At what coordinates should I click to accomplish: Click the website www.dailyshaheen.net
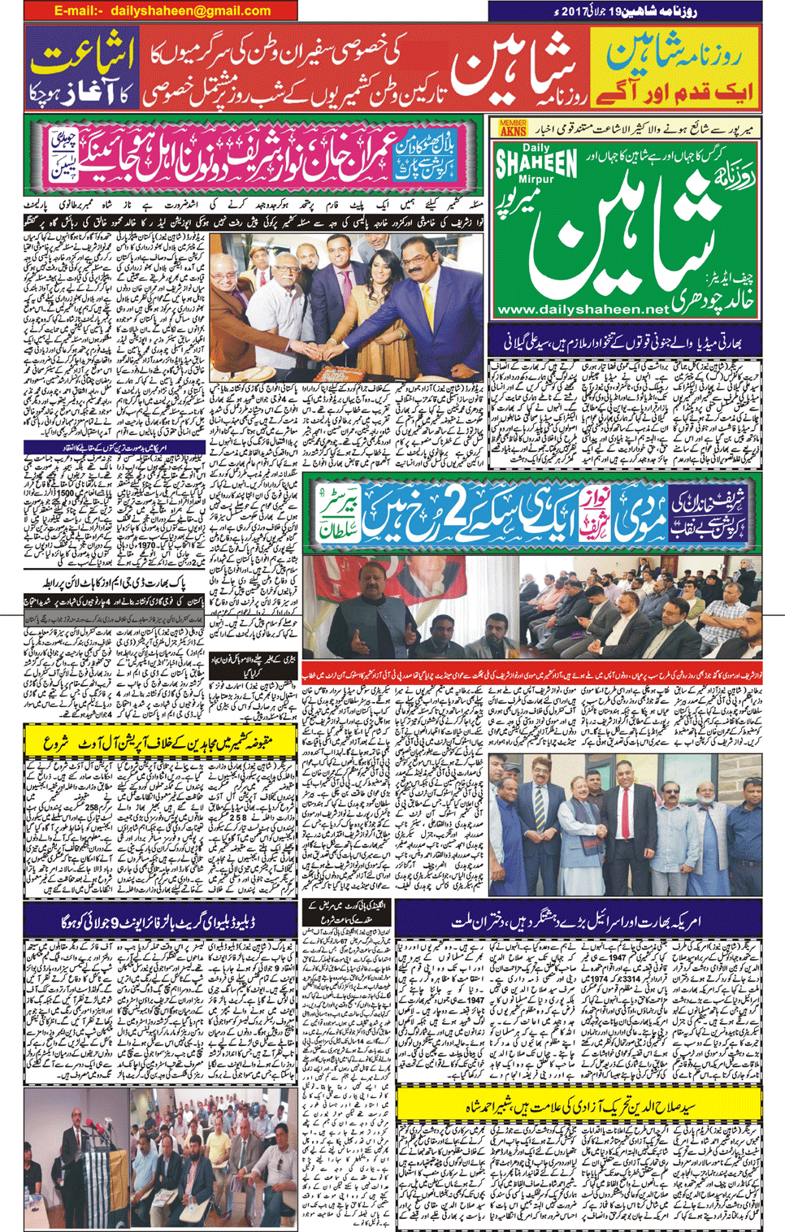(x=583, y=310)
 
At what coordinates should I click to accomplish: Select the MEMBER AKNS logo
(x=513, y=128)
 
